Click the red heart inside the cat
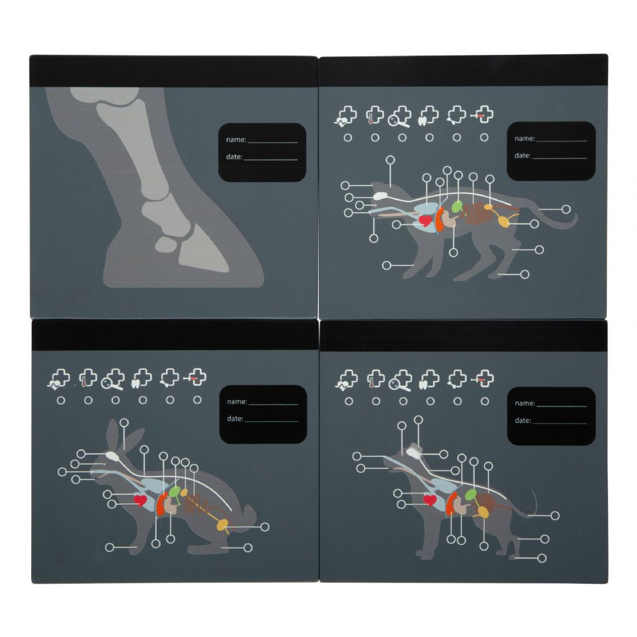coord(425,221)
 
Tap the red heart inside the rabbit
coord(140,500)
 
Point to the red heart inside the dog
coord(430,500)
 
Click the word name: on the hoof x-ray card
coord(236,139)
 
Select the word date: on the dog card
coord(523,420)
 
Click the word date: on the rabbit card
coord(235,418)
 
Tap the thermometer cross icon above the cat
coord(375,115)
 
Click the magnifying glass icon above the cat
coord(400,117)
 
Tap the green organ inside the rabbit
coord(175,492)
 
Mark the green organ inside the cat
coord(457,207)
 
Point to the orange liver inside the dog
coord(451,504)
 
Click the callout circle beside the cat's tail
coord(566,209)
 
